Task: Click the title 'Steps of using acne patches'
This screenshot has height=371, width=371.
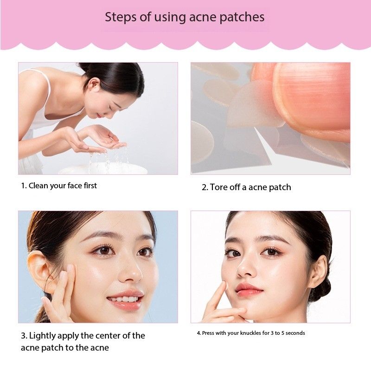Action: click(x=185, y=18)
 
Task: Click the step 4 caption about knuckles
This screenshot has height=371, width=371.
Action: click(x=250, y=333)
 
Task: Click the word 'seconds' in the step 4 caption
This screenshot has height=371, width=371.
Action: click(x=295, y=333)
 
